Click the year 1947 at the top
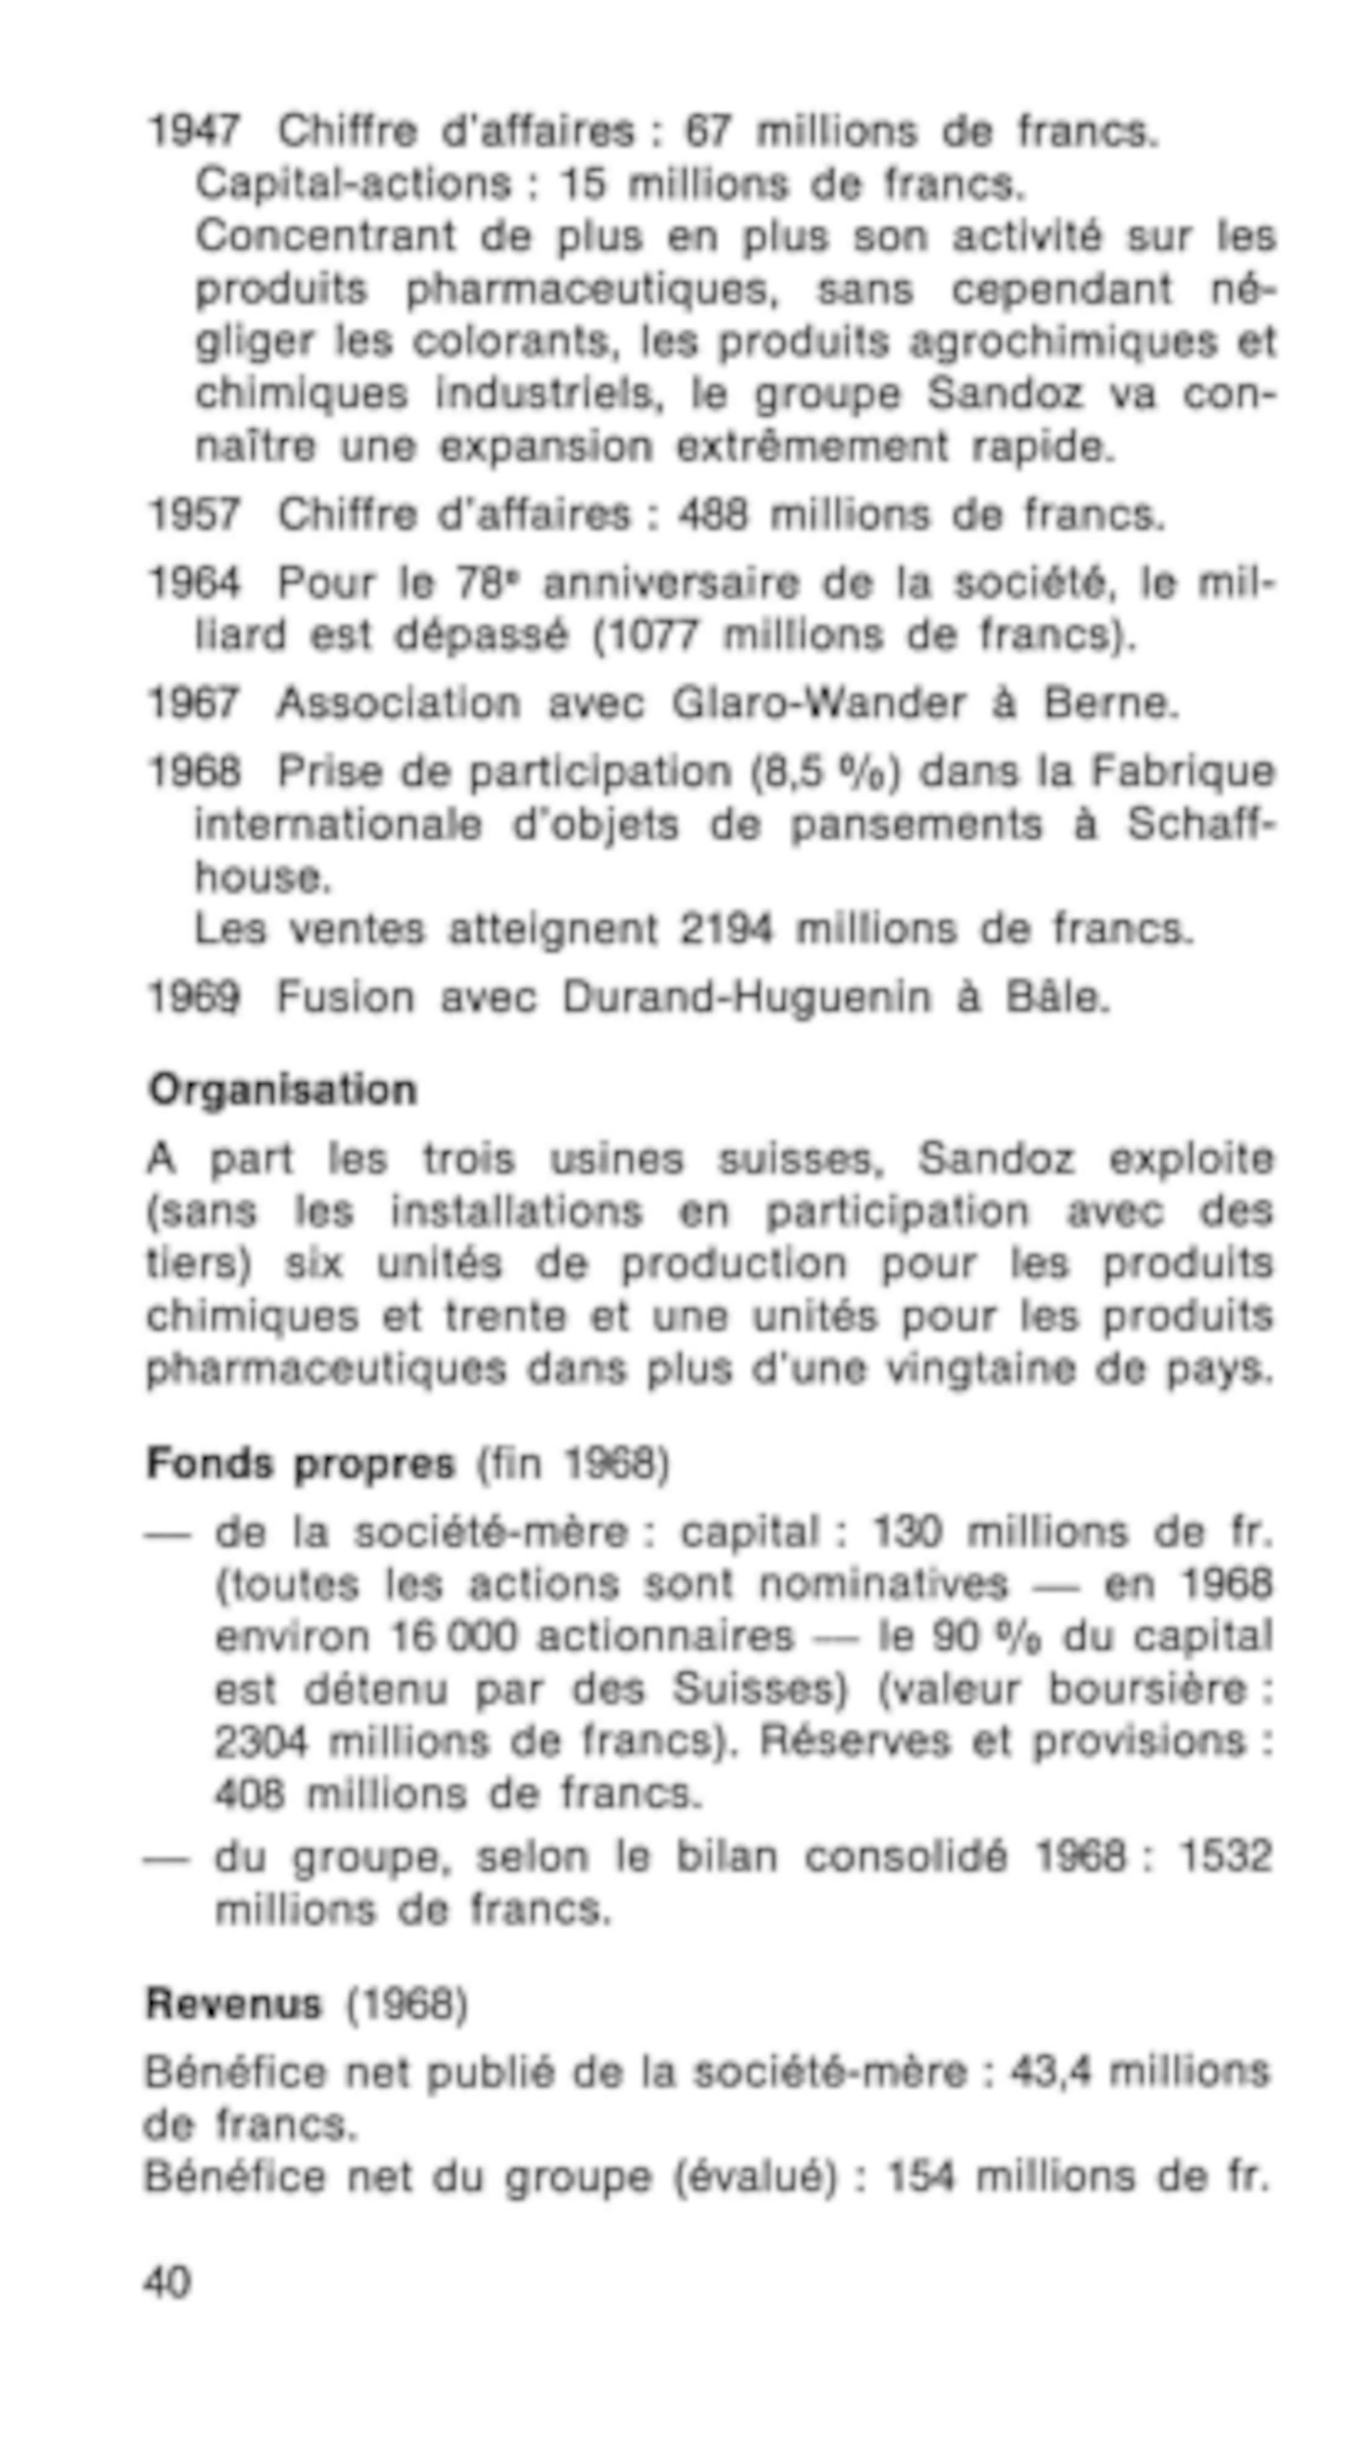coord(194,131)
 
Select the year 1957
coord(194,515)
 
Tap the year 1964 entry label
coord(194,583)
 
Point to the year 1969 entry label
coord(194,998)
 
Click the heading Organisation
coord(283,1090)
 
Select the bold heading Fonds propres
coord(300,1464)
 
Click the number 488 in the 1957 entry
coord(712,515)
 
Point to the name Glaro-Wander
coord(819,703)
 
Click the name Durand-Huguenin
coord(746,998)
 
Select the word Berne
coord(1111,703)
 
